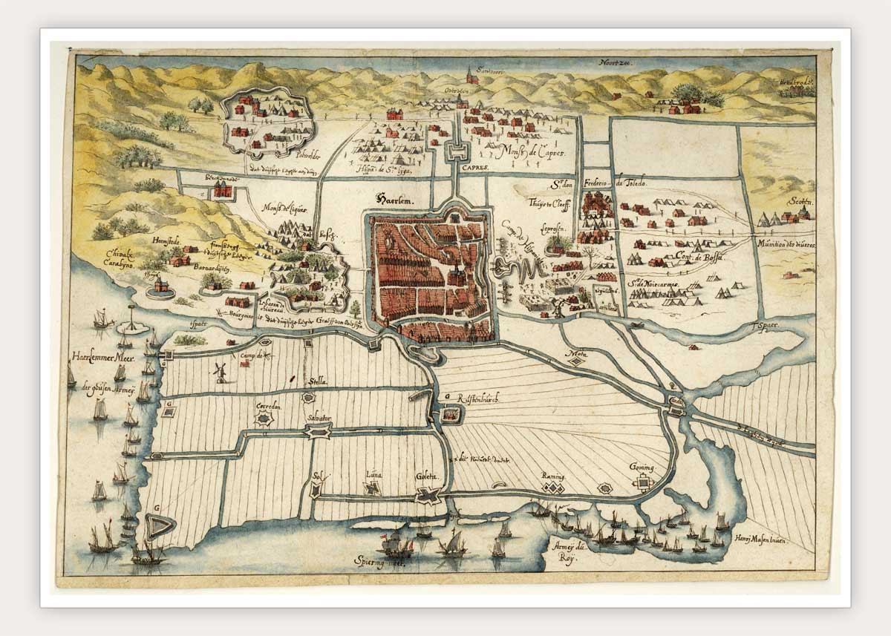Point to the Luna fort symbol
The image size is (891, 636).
[372, 488]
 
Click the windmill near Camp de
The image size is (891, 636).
[220, 371]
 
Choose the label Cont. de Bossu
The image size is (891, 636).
[694, 256]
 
